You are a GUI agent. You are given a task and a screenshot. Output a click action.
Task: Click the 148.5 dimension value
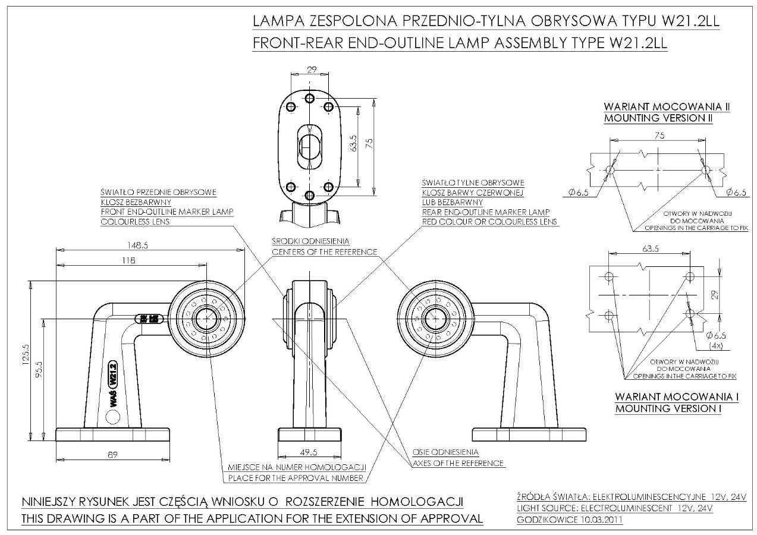pos(137,245)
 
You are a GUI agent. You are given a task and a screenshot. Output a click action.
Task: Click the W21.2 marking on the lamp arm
pos(111,376)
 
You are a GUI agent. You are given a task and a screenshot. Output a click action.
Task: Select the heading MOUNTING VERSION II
pos(658,118)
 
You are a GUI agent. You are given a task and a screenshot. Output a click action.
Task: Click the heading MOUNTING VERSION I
pos(668,408)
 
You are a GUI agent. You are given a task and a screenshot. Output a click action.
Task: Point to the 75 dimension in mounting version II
pos(658,135)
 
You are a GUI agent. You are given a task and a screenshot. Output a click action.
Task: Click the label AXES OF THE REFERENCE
pos(458,463)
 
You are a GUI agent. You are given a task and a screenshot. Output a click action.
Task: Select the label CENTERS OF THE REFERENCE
pos(325,252)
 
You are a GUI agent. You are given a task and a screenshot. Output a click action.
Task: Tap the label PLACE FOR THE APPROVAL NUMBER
pos(296,477)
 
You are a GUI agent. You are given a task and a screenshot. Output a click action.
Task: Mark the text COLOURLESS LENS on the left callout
pos(136,222)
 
